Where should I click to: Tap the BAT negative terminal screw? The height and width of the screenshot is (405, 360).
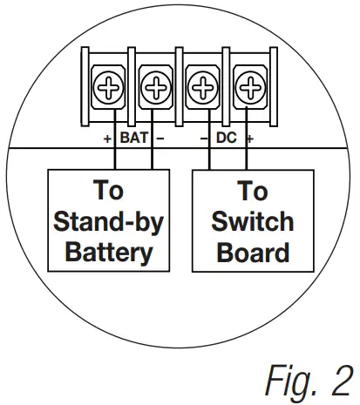click(x=154, y=87)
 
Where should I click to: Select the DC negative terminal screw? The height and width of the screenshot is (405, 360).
click(x=202, y=87)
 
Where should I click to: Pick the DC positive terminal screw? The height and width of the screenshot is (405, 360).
click(x=250, y=87)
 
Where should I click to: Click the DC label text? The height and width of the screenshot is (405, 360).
click(x=227, y=138)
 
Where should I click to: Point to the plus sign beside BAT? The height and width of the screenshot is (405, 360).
click(x=106, y=138)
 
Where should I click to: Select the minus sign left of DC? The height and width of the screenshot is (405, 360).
click(x=203, y=138)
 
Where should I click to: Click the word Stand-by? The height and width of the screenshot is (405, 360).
click(x=108, y=221)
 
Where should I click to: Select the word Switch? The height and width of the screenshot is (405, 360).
click(x=253, y=221)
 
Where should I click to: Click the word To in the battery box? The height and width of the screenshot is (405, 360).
click(x=108, y=191)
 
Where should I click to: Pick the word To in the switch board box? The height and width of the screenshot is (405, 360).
click(x=253, y=191)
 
